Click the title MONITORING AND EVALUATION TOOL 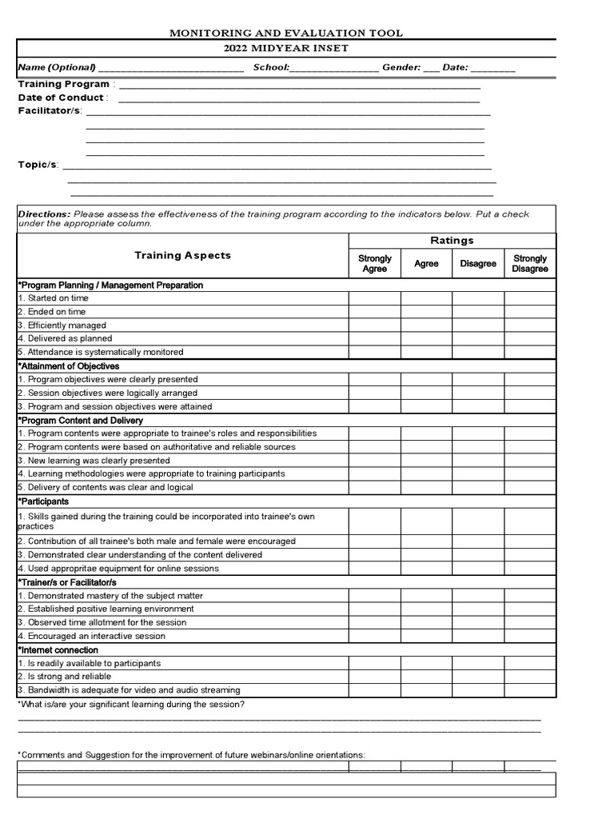pos(285,33)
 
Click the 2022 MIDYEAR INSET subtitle pos(285,48)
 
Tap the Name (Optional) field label pos(56,67)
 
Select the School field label pos(271,67)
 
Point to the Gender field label pos(401,67)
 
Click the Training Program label pos(64,84)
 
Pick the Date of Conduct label pos(62,98)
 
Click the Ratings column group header pos(452,240)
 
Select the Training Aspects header pos(182,255)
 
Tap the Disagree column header pos(478,263)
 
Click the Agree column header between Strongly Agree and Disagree pos(426,263)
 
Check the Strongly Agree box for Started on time pos(374,298)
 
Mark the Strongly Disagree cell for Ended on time pos(530,312)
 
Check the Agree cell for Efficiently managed pos(426,326)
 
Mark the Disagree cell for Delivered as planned pos(478,338)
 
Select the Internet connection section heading pos(58,650)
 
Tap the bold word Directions pos(44,214)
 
